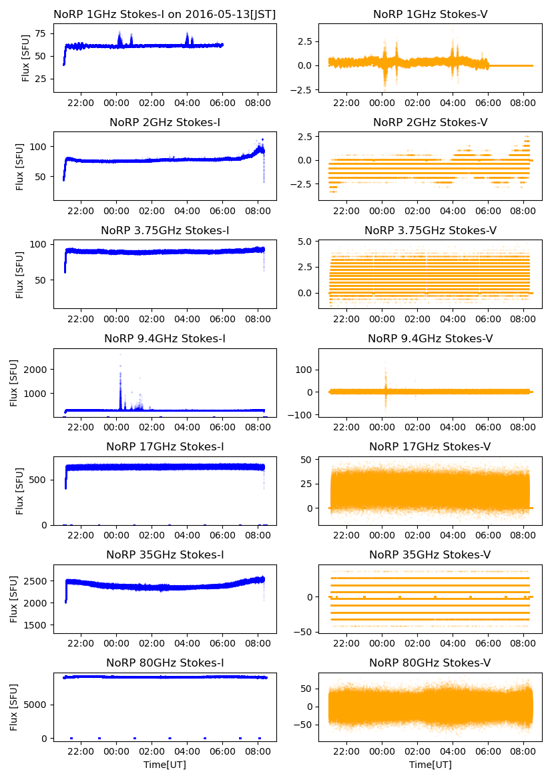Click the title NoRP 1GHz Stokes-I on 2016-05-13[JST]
pos(165,14)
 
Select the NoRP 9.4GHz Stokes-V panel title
pos(431,339)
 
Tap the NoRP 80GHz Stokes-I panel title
pos(165,663)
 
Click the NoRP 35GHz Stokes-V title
pos(431,555)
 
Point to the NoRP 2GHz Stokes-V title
pos(431,123)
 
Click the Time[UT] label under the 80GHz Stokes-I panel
pos(165,765)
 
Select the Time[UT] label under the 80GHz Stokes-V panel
pos(431,765)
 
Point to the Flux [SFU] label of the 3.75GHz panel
pos(21,274)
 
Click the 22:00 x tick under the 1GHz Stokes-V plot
pos(346,103)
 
